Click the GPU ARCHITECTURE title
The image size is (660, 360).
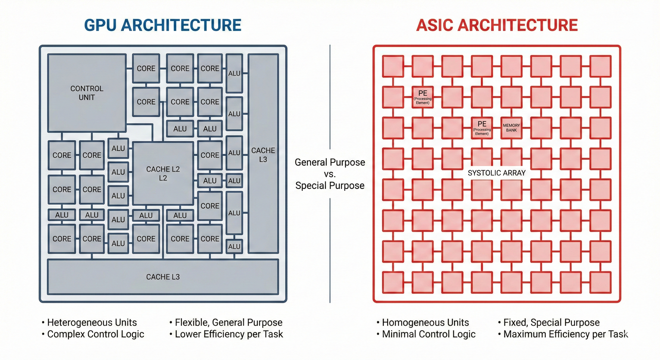[x=163, y=25]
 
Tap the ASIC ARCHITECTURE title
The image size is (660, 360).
[x=497, y=25]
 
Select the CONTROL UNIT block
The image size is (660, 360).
[x=87, y=93]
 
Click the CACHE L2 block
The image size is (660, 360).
[x=163, y=174]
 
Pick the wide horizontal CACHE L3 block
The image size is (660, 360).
[x=163, y=277]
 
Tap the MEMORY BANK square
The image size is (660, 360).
[x=511, y=128]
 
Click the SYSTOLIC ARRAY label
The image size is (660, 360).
[x=496, y=173]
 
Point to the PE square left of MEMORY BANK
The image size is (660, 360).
[x=482, y=128]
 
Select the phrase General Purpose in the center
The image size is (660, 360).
[x=330, y=162]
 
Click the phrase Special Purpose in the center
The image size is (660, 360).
[x=330, y=185]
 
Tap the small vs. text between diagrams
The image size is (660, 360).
[x=330, y=174]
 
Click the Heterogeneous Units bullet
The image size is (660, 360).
[x=91, y=322]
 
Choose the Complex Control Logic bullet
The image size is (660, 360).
[x=95, y=334]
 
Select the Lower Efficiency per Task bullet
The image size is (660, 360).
[x=228, y=334]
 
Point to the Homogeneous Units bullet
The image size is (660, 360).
[x=425, y=322]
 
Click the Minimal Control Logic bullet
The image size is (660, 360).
[x=428, y=334]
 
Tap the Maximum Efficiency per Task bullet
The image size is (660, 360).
[x=565, y=334]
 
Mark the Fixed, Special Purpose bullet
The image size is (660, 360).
[x=551, y=322]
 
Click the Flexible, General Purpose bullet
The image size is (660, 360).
[x=228, y=322]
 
